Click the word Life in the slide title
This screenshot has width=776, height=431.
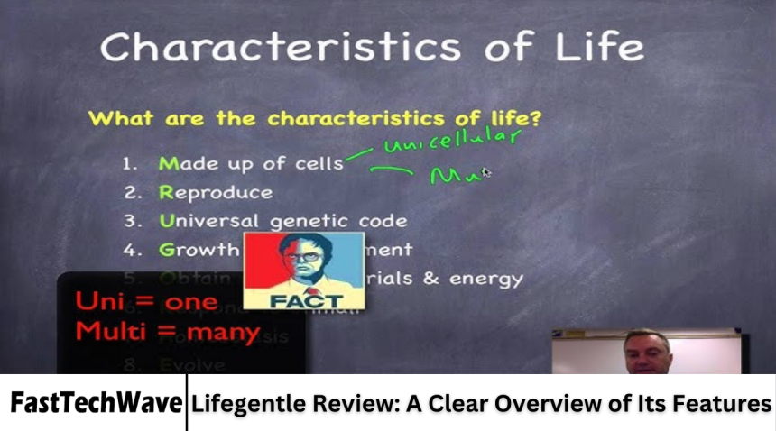pos(596,47)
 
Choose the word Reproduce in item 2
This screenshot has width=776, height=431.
pos(216,192)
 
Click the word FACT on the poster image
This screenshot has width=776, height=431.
pos(305,299)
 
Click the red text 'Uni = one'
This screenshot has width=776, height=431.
pos(145,301)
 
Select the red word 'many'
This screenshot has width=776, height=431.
pos(221,332)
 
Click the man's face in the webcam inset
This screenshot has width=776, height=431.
pos(647,353)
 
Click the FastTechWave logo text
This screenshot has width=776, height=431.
pos(96,403)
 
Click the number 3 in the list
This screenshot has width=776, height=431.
pos(130,221)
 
